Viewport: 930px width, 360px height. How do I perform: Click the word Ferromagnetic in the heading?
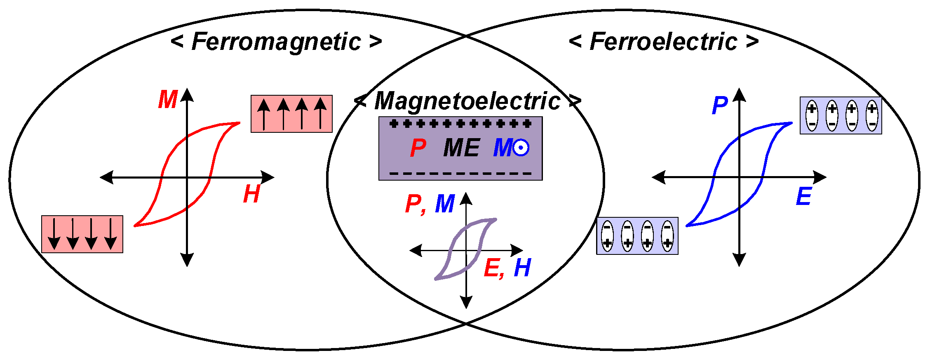pos(276,42)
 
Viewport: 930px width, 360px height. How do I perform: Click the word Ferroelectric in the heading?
pos(663,42)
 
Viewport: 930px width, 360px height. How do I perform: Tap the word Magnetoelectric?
pos(467,101)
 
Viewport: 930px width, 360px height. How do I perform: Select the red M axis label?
pos(167,100)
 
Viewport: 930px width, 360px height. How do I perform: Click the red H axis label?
pos(251,194)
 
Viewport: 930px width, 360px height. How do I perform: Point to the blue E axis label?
pos(803,197)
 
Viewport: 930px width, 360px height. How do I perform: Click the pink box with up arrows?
pos(291,114)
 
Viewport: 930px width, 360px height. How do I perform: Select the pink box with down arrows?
pos(82,234)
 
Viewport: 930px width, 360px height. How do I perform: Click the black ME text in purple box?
pos(461,148)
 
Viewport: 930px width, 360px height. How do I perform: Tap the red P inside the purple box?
pos(418,148)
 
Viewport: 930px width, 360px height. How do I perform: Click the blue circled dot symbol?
pos(521,148)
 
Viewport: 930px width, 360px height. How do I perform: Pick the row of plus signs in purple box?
pos(460,124)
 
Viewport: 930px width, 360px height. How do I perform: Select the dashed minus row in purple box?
pos(460,174)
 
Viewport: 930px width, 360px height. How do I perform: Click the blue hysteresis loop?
pos(766,153)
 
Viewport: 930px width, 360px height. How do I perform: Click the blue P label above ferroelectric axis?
pos(719,106)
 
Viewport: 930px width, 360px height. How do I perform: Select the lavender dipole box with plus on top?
pos(841,115)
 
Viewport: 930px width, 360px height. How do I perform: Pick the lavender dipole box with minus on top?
pos(637,236)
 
